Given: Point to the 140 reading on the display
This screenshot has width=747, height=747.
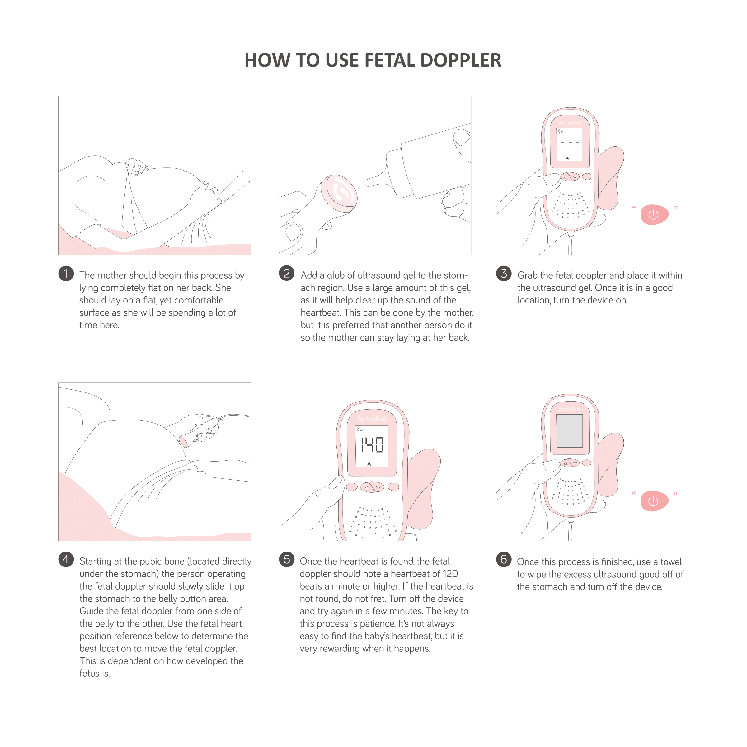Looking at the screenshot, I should (x=372, y=445).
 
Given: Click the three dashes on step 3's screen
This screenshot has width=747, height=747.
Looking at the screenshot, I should (x=570, y=143).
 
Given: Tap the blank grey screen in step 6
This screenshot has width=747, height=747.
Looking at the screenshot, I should (x=569, y=431).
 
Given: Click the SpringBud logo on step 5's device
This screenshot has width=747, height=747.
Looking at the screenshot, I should (x=372, y=419).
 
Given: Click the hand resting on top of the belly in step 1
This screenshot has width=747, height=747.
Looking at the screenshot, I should (x=137, y=167).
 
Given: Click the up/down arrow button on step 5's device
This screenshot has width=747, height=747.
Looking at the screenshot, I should (x=372, y=487).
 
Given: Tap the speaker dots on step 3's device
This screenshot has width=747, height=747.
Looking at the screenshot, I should (x=571, y=205).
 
